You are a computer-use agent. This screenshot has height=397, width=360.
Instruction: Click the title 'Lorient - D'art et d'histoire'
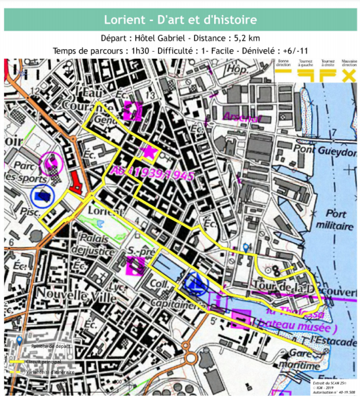(x=181, y=20)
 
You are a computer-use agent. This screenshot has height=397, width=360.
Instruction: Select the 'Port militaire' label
(x=339, y=220)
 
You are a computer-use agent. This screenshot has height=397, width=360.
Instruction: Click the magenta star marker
(x=148, y=153)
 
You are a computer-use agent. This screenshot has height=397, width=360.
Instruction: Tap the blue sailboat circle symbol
(x=195, y=280)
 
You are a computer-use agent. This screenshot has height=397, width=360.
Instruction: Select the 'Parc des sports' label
(x=27, y=172)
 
